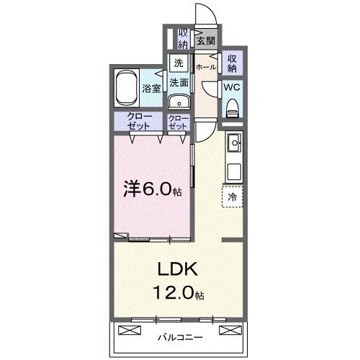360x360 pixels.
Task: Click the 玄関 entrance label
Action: tap(206, 41)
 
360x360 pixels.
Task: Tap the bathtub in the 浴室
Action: tap(127, 87)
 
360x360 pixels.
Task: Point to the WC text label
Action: tap(232, 86)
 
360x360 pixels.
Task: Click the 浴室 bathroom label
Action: tap(151, 89)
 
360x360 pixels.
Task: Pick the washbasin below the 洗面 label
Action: tap(178, 100)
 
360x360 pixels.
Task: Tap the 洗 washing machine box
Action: tap(177, 63)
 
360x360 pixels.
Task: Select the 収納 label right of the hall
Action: tap(233, 64)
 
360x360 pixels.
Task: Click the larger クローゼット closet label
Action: tap(139, 122)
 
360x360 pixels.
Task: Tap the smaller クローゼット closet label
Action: tap(178, 122)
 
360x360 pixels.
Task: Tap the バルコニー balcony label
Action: tap(179, 337)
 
